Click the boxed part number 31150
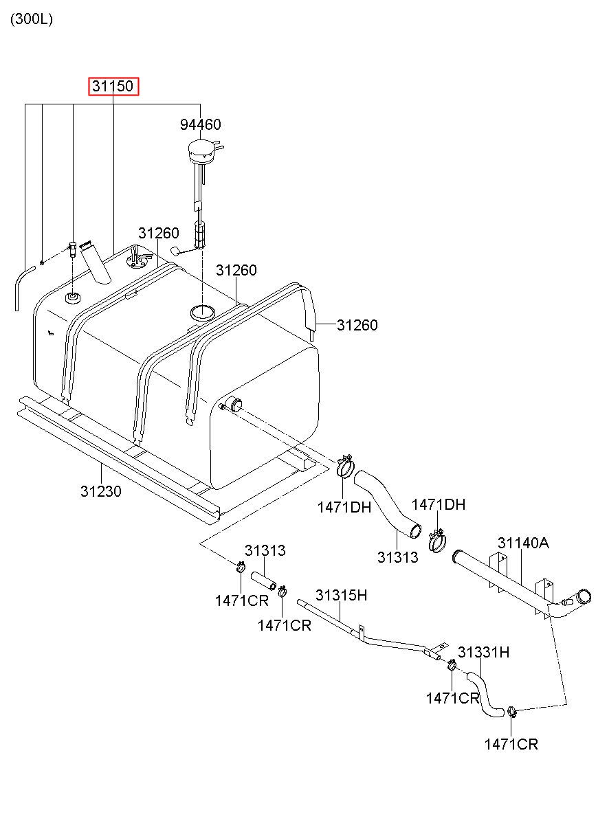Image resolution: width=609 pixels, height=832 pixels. coord(114,87)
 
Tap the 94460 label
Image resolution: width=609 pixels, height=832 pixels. coord(201,124)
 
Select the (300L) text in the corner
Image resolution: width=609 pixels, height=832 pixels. coord(31,19)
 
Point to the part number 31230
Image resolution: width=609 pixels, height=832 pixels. coord(101,492)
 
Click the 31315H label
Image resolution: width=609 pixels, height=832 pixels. coord(341,595)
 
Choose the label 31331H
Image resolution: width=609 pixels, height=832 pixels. coord(484,653)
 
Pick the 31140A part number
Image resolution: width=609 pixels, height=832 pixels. coord(523,543)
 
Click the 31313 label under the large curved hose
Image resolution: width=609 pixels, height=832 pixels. coord(397,557)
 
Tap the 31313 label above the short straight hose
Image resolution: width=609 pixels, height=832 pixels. coord(265,550)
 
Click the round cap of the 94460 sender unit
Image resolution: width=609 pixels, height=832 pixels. coord(201,147)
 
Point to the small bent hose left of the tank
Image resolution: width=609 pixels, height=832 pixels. coord(22,285)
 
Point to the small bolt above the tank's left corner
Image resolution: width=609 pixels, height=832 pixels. coord(71,247)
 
